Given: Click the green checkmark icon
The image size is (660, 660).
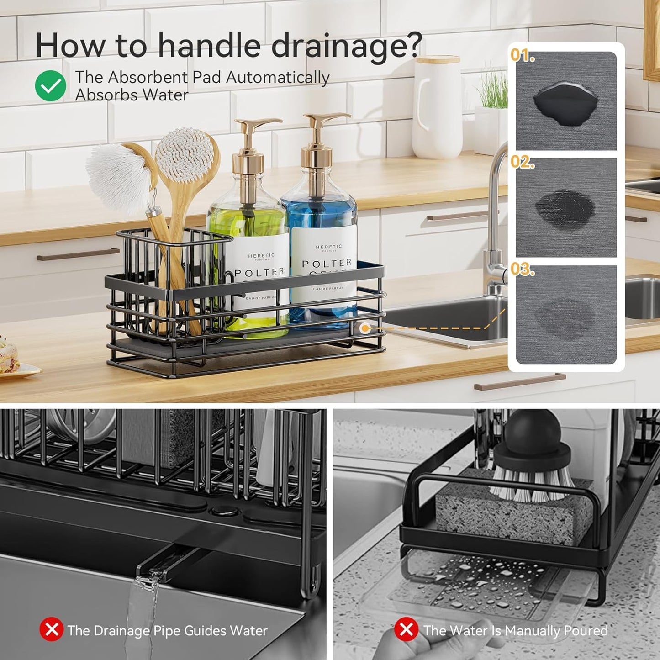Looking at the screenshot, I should click(51, 86).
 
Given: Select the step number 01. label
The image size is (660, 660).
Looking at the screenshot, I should click(523, 55).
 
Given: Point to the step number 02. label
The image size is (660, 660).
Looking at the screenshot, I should click(523, 162).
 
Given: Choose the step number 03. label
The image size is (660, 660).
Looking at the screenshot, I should click(523, 269).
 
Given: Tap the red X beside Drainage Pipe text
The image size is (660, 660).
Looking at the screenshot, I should click(51, 629).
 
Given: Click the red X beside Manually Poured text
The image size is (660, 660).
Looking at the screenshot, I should click(406, 629).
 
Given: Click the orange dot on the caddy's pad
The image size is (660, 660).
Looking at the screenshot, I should click(364, 328).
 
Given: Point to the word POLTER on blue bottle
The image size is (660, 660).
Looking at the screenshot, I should click(327, 264).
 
